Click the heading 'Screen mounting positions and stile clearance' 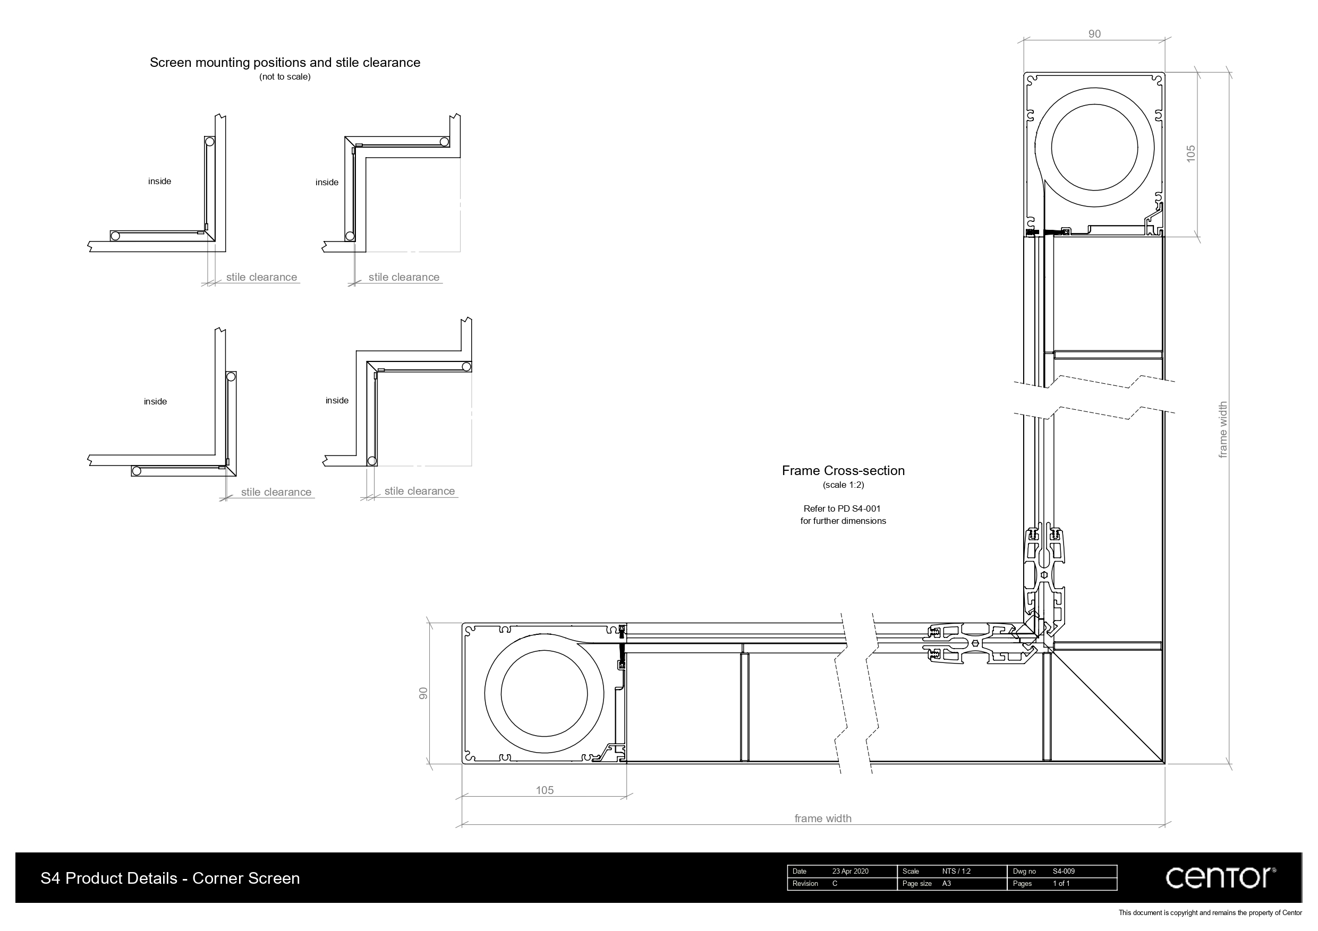tap(285, 63)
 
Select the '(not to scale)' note tap(285, 77)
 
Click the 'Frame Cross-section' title tap(843, 470)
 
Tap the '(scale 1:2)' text tap(843, 485)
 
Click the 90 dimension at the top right tap(1094, 34)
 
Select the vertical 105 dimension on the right tap(1191, 153)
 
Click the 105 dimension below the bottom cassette tap(544, 790)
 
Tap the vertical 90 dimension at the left tap(423, 693)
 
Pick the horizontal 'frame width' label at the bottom tap(822, 818)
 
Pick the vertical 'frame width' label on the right tap(1223, 429)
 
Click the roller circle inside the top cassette tap(1094, 148)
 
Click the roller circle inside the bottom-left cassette tap(544, 693)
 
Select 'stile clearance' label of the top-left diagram tap(261, 277)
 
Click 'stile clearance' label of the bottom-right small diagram tap(419, 491)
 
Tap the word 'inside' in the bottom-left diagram tap(155, 402)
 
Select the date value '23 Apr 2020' tap(850, 872)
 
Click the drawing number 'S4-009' tap(1063, 872)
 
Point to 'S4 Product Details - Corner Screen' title tap(170, 878)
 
